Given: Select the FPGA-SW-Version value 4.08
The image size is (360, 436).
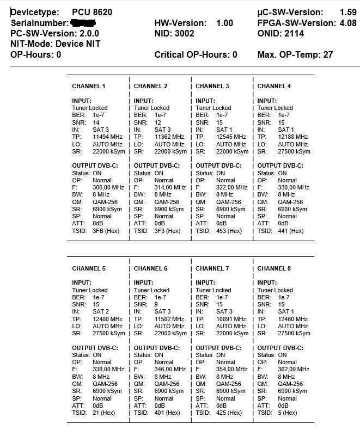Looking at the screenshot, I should [348, 23].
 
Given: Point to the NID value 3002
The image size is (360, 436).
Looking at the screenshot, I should [185, 33].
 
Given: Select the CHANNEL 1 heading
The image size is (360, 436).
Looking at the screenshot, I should [89, 86].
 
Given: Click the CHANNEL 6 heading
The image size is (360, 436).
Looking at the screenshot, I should [150, 268].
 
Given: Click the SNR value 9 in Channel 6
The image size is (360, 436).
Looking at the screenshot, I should [156, 304].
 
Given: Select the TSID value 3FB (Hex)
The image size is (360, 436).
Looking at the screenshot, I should [106, 231].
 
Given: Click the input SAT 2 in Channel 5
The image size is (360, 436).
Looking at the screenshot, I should [101, 311].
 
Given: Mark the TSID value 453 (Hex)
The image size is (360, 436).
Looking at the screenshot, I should [229, 231].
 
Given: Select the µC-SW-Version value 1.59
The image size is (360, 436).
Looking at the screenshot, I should [348, 12].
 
